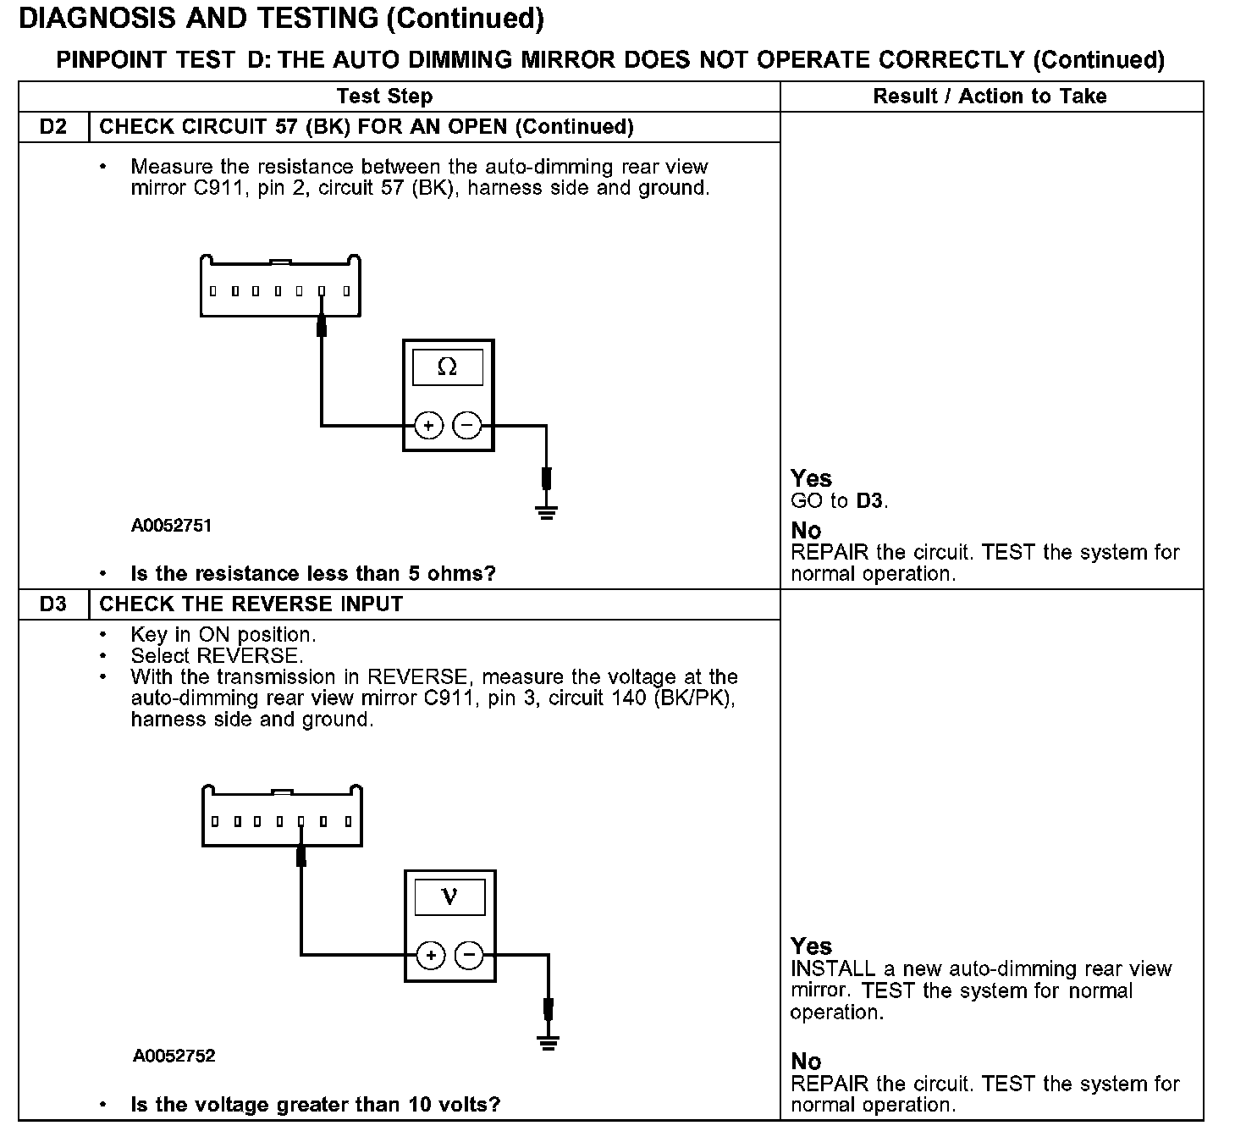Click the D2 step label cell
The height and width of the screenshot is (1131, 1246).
[52, 127]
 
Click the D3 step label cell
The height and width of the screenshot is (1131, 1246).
[52, 604]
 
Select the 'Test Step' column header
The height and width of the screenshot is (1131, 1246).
[384, 97]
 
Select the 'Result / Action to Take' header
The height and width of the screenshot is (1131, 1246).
[990, 97]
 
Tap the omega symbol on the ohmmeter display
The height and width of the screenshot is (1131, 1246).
[447, 367]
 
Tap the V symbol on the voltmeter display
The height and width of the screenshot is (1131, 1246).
[449, 897]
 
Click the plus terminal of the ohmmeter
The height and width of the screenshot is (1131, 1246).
[428, 425]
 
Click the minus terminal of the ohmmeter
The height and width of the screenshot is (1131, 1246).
[467, 425]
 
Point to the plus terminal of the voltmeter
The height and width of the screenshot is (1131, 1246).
[431, 956]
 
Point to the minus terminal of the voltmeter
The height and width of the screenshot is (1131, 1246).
[470, 956]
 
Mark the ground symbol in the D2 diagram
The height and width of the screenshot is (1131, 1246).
[547, 511]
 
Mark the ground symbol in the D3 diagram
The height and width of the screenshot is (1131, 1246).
[549, 1042]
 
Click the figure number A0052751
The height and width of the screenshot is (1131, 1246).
[171, 526]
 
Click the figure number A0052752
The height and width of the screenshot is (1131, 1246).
[174, 1056]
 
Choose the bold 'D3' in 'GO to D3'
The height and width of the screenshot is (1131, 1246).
[869, 501]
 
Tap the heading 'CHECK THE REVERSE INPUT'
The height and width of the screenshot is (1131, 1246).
[251, 604]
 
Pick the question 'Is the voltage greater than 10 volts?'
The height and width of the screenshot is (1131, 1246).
[315, 1105]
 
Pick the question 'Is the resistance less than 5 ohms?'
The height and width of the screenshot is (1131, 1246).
[313, 574]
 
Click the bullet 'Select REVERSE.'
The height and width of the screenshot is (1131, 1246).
[217, 656]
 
